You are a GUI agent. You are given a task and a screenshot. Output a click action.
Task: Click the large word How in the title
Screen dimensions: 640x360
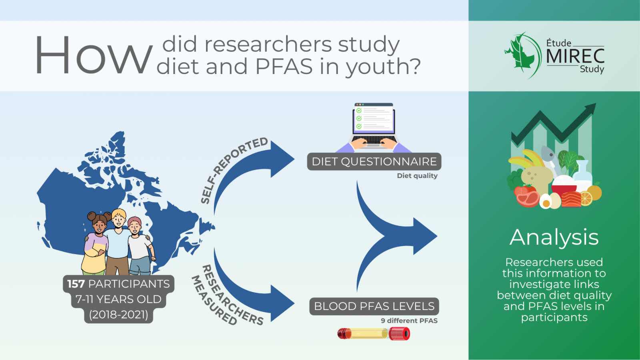click(x=93, y=56)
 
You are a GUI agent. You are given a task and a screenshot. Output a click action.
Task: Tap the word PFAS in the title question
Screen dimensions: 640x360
click(x=284, y=66)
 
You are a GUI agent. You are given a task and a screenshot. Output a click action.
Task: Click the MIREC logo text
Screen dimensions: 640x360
click(x=575, y=56)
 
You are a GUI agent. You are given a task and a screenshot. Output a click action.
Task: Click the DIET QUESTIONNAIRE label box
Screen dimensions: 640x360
click(x=374, y=162)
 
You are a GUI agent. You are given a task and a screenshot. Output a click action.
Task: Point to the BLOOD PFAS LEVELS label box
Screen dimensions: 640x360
click(x=374, y=306)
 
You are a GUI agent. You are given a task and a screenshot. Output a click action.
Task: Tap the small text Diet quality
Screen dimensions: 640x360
click(x=417, y=176)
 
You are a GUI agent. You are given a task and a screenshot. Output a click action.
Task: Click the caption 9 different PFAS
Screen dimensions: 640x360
click(x=409, y=320)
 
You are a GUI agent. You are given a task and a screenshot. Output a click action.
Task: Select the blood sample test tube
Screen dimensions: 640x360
click(x=374, y=334)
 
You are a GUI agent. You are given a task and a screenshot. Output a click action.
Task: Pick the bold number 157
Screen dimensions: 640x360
click(x=76, y=284)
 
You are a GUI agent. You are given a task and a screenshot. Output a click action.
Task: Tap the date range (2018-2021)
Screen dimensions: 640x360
click(x=118, y=314)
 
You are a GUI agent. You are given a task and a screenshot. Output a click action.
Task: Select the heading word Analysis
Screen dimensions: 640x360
click(x=554, y=238)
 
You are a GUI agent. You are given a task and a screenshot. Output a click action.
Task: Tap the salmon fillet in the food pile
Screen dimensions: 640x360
click(x=571, y=199)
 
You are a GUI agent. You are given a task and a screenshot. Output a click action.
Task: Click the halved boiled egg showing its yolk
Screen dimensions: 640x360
click(x=546, y=202)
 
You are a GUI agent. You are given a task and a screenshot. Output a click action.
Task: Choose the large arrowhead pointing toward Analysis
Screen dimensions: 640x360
click(x=425, y=236)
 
